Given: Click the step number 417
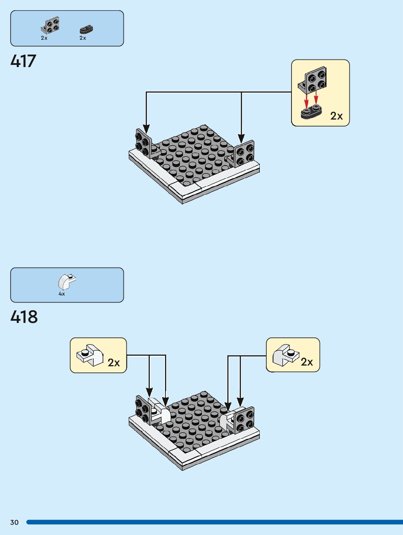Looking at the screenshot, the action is [x=23, y=61].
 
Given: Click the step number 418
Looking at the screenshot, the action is [x=24, y=317].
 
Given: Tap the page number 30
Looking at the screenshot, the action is [x=14, y=522].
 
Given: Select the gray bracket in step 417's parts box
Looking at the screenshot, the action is [x=50, y=26].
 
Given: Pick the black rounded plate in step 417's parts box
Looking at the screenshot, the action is [x=86, y=29].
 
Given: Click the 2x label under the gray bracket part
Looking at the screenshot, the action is [x=44, y=38].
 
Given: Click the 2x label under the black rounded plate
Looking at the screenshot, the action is [x=83, y=38].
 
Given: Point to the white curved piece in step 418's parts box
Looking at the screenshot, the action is [x=67, y=282].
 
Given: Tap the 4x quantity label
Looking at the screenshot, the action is [x=62, y=294].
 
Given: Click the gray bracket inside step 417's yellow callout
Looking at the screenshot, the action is [x=312, y=80].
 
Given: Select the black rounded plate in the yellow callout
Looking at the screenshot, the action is [x=312, y=112].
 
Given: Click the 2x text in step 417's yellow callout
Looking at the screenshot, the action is [x=336, y=116].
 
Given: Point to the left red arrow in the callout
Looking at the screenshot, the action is [x=306, y=101].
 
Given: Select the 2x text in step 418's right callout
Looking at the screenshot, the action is [x=307, y=362].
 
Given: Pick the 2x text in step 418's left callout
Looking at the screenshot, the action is [x=114, y=363].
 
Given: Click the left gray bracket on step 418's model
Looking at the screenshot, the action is [x=144, y=410].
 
